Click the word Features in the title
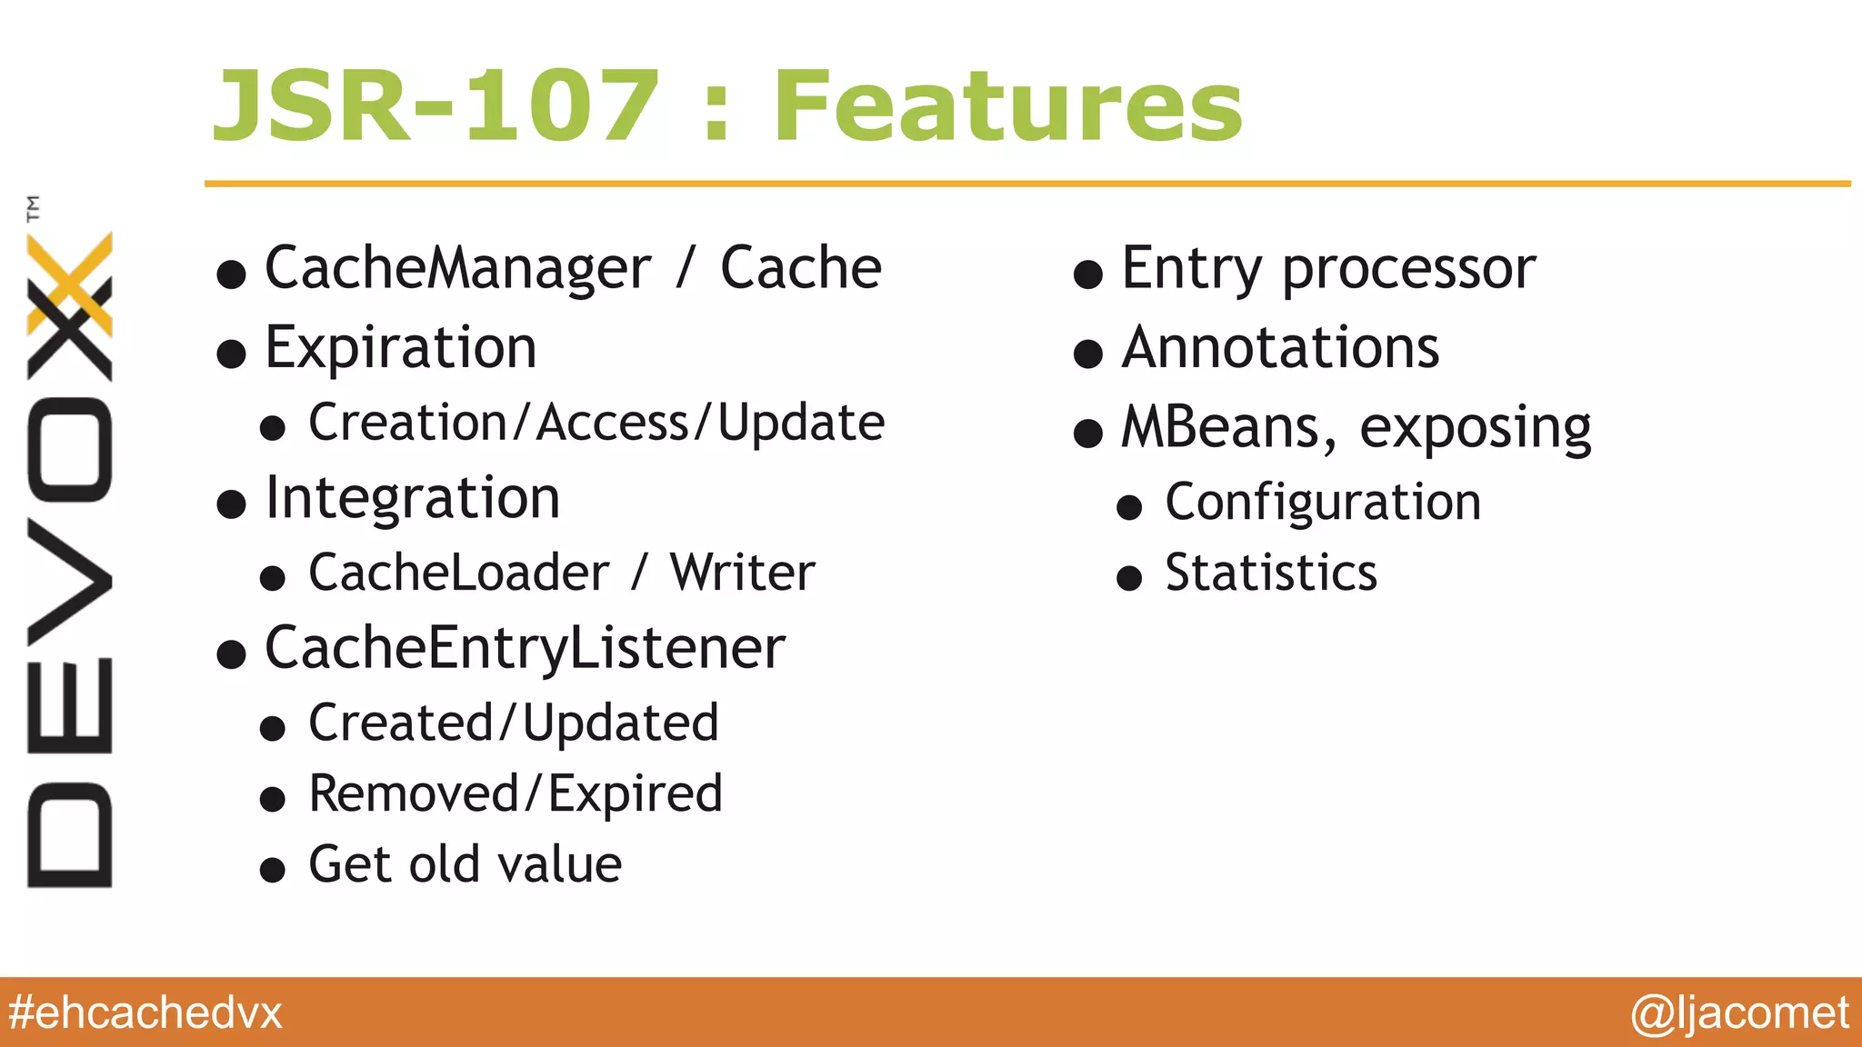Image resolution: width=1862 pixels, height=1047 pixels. point(1007,107)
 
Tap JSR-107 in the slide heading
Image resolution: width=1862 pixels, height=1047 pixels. point(435,107)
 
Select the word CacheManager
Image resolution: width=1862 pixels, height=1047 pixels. point(457,269)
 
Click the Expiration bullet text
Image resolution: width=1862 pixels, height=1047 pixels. point(401,348)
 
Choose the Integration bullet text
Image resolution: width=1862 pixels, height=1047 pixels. point(412,499)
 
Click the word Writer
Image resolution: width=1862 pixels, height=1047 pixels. point(742,573)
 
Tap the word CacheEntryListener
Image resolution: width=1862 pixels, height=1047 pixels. point(525,649)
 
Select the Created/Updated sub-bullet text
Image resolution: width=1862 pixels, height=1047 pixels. point(514,723)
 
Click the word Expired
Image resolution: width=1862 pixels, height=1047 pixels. point(635,794)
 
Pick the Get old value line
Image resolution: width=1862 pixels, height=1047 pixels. point(465,864)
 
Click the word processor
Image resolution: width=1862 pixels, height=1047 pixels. point(1408,270)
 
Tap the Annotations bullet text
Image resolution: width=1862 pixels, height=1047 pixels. point(1280,348)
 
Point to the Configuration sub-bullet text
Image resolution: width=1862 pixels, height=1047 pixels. point(1323,503)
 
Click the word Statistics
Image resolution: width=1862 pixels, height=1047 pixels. point(1271,573)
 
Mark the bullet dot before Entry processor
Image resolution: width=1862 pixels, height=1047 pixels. point(1088,274)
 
